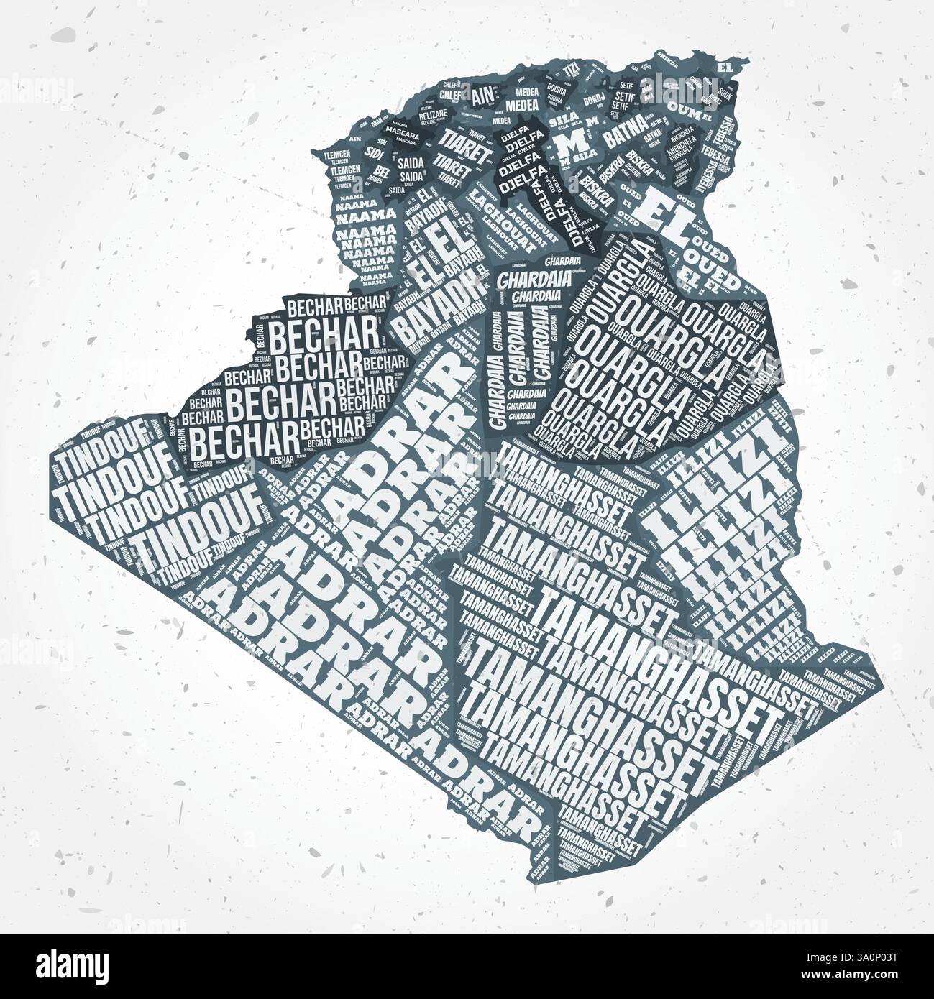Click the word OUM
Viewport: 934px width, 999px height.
[679, 106]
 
